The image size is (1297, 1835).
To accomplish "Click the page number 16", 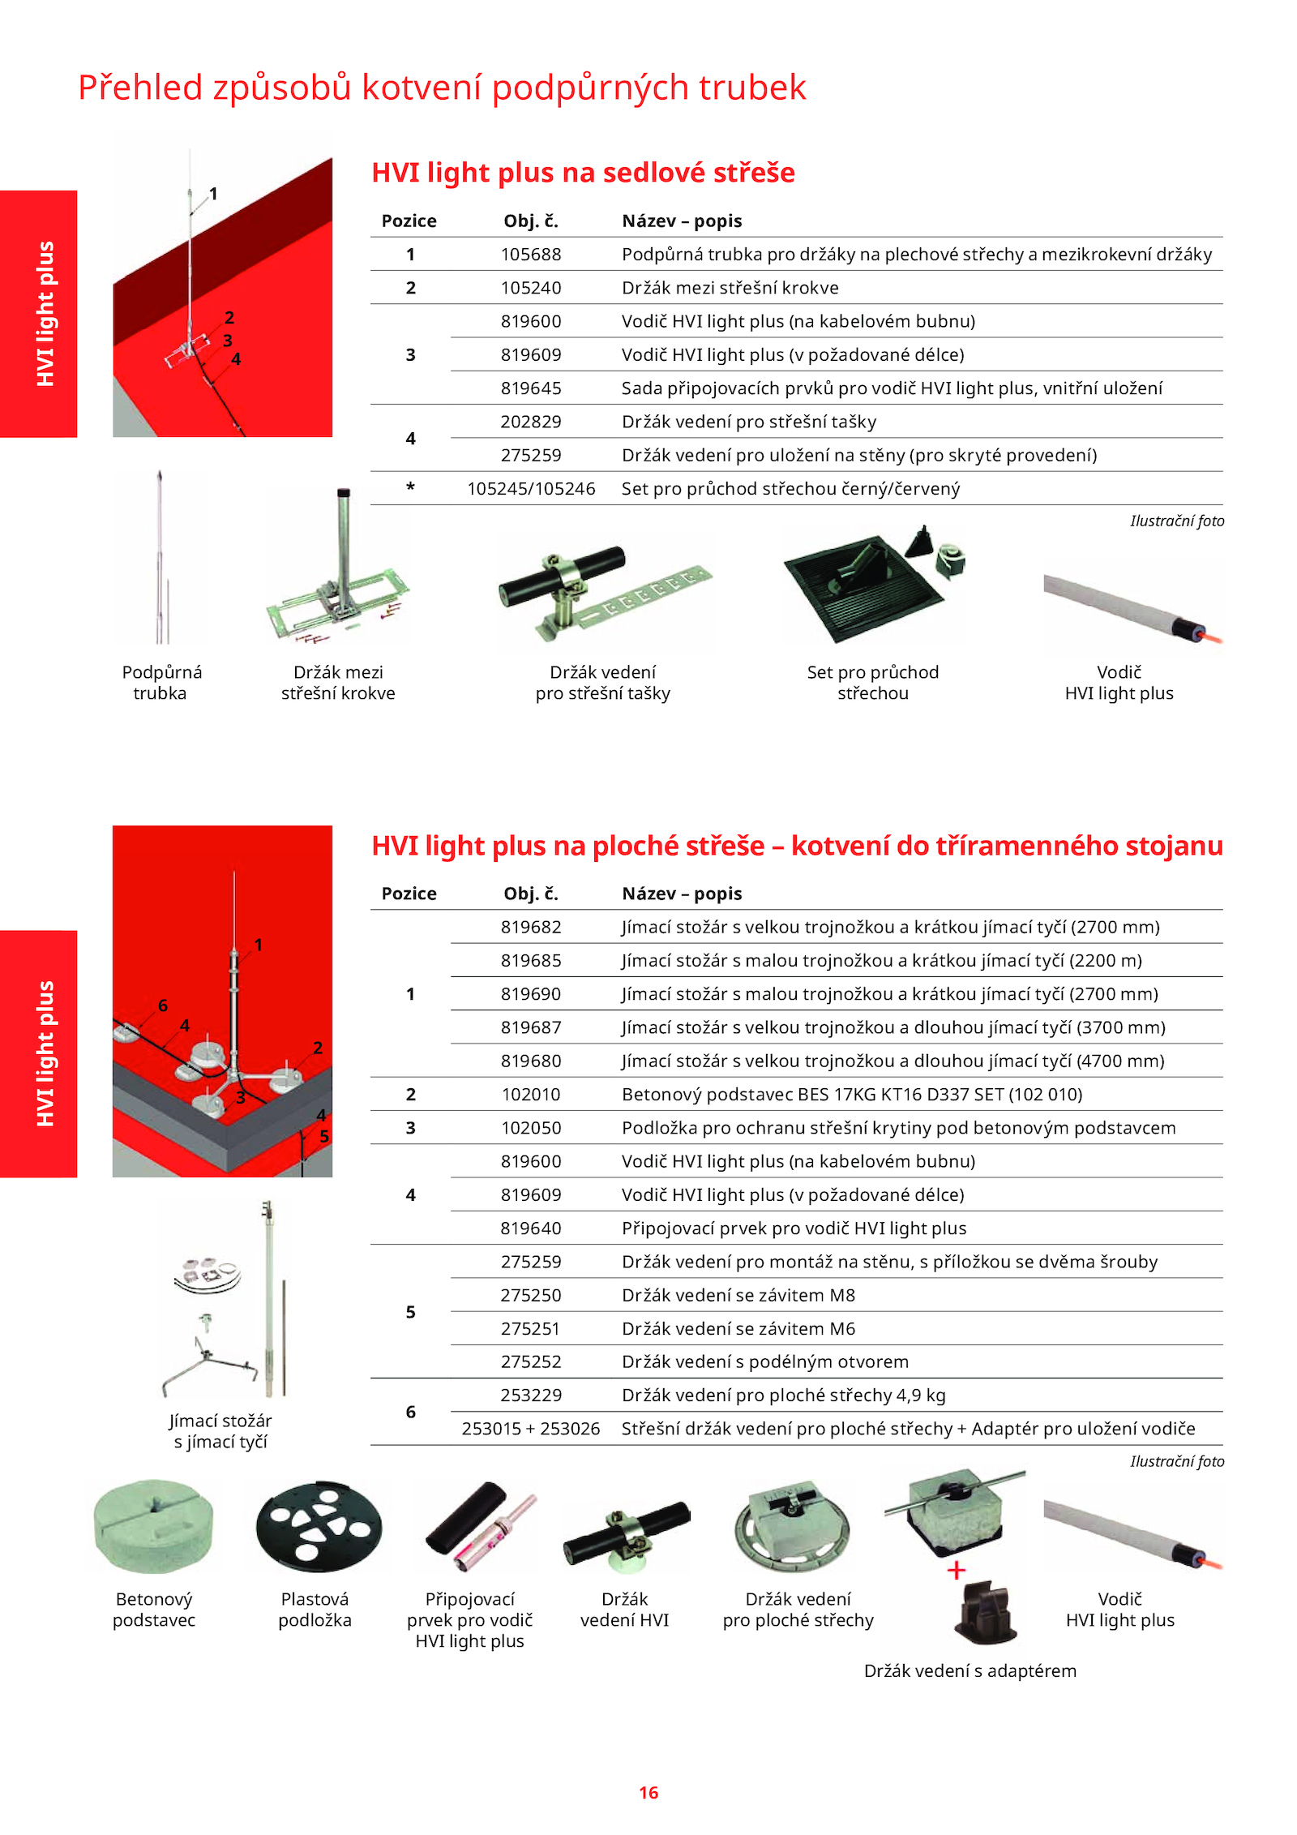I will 648,1792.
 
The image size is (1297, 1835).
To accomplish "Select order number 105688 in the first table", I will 531,255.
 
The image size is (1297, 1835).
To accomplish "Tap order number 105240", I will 531,288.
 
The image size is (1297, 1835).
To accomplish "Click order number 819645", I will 531,388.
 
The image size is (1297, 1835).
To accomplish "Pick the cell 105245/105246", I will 531,489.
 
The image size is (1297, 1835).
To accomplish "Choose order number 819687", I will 531,1027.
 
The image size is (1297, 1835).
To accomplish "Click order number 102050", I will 531,1128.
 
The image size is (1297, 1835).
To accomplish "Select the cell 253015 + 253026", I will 531,1429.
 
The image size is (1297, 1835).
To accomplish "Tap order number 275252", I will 531,1361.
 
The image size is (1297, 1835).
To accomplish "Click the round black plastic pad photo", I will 319,1526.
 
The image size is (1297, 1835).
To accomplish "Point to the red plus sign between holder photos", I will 957,1571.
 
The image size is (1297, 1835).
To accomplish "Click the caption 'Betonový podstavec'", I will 154,1610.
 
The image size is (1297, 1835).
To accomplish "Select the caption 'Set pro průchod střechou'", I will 873,683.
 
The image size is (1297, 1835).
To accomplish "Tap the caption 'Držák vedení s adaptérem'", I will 970,1670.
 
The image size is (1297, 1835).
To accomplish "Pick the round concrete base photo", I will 153,1526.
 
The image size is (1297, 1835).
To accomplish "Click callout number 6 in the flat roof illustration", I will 163,1005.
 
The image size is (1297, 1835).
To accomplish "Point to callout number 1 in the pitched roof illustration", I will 213,194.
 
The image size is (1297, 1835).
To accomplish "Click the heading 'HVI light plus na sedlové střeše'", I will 583,173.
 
